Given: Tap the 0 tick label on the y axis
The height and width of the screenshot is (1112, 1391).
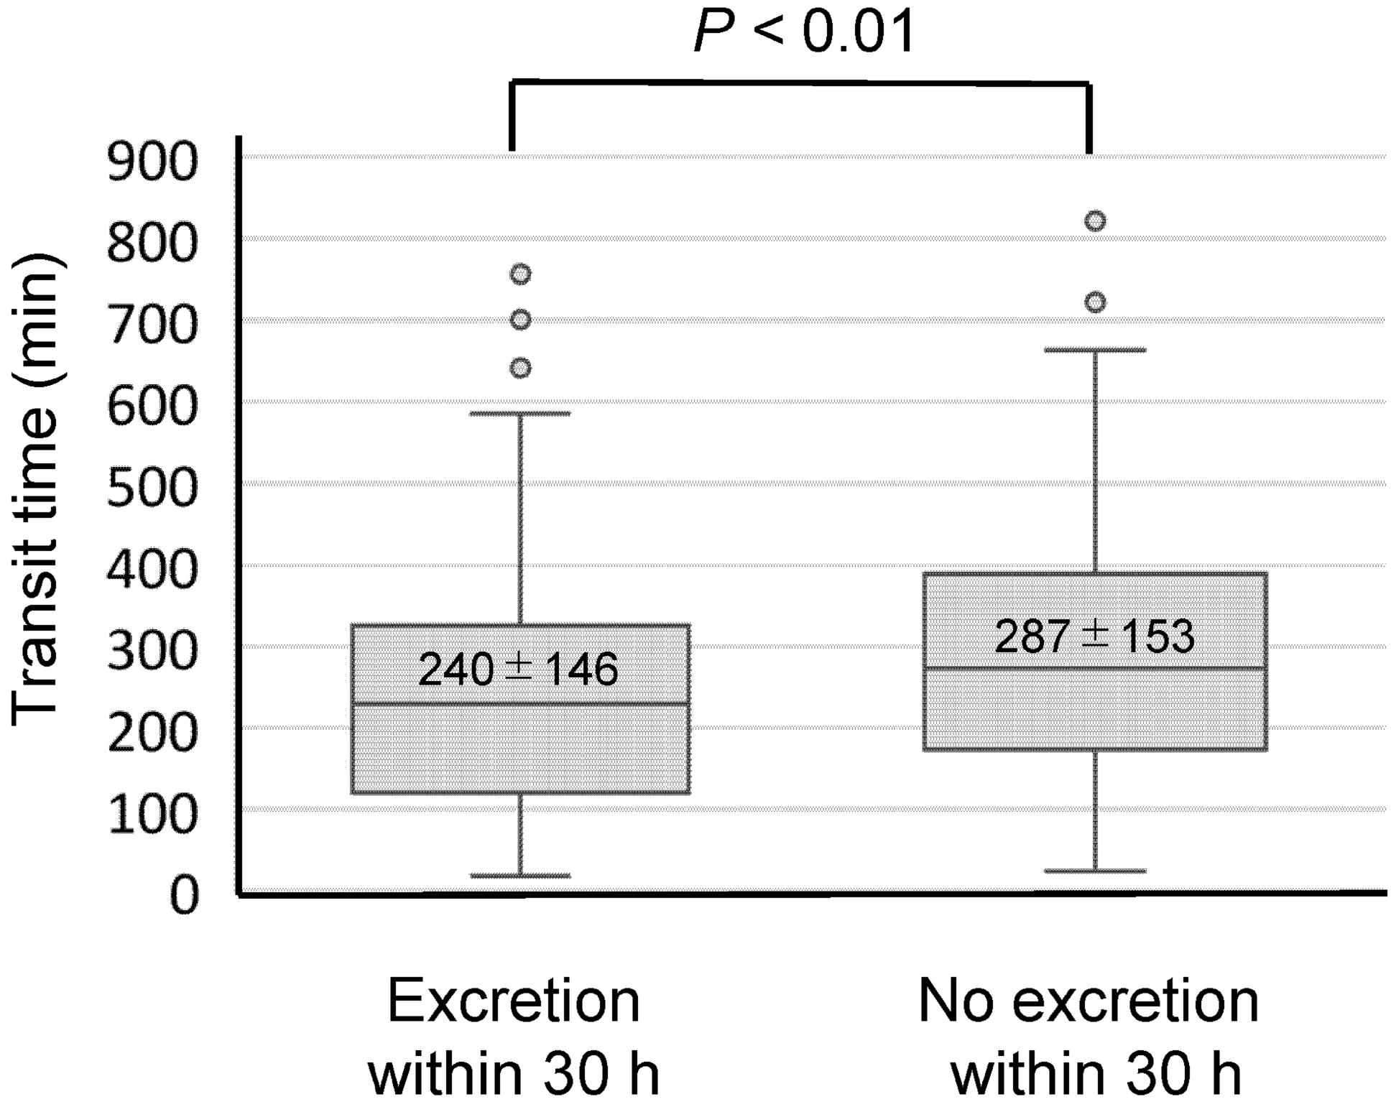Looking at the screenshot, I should (184, 896).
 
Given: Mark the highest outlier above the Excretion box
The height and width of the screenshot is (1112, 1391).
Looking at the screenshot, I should (520, 274).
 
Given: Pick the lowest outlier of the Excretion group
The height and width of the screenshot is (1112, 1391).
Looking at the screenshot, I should (520, 369).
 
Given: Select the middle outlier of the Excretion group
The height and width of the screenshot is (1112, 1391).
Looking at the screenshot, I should (520, 320).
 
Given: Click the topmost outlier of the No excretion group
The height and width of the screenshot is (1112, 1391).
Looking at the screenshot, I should (1094, 221).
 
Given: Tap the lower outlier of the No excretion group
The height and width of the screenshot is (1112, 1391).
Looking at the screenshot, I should (1094, 302).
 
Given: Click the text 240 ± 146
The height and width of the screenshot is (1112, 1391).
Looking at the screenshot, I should (517, 669).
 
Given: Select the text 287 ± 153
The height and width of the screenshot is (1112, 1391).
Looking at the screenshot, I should (1094, 636).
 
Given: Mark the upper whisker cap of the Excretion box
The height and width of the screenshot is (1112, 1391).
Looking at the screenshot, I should (520, 414).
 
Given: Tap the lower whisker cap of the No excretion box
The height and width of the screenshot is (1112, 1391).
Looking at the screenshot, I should (1094, 871).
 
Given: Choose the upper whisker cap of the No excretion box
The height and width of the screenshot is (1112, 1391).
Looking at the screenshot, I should (1094, 350).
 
